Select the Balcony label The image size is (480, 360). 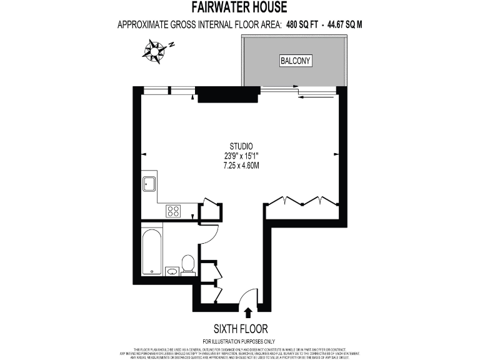click(295, 61)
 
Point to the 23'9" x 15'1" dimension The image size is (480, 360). click(241, 157)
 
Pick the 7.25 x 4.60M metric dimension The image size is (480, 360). click(241, 166)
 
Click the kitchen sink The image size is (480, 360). click(149, 184)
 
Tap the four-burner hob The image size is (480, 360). click(173, 211)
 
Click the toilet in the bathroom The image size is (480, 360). click(187, 264)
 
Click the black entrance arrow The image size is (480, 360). click(248, 313)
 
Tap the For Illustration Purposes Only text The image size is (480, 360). click(241, 341)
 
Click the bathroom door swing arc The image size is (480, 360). click(210, 234)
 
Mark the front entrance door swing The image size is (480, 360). click(249, 296)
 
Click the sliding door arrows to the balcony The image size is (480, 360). click(311, 94)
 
